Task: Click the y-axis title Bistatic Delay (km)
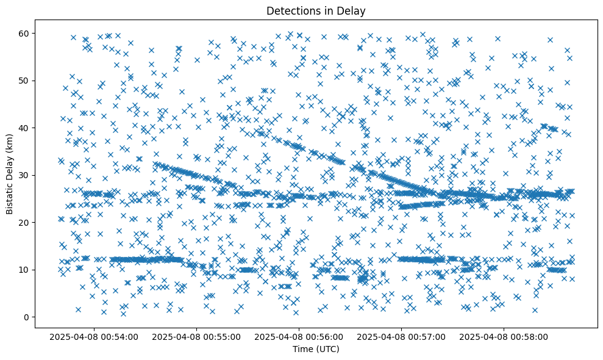coord(10,172)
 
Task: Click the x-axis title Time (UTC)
coord(316,349)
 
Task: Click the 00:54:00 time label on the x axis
coord(95,336)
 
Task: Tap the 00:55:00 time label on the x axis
coord(197,336)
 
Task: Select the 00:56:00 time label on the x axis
coord(299,336)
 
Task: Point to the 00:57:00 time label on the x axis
coord(402,336)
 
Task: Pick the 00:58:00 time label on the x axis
coord(504,336)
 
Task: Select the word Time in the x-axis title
coord(302,349)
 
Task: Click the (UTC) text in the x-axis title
coord(327,349)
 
